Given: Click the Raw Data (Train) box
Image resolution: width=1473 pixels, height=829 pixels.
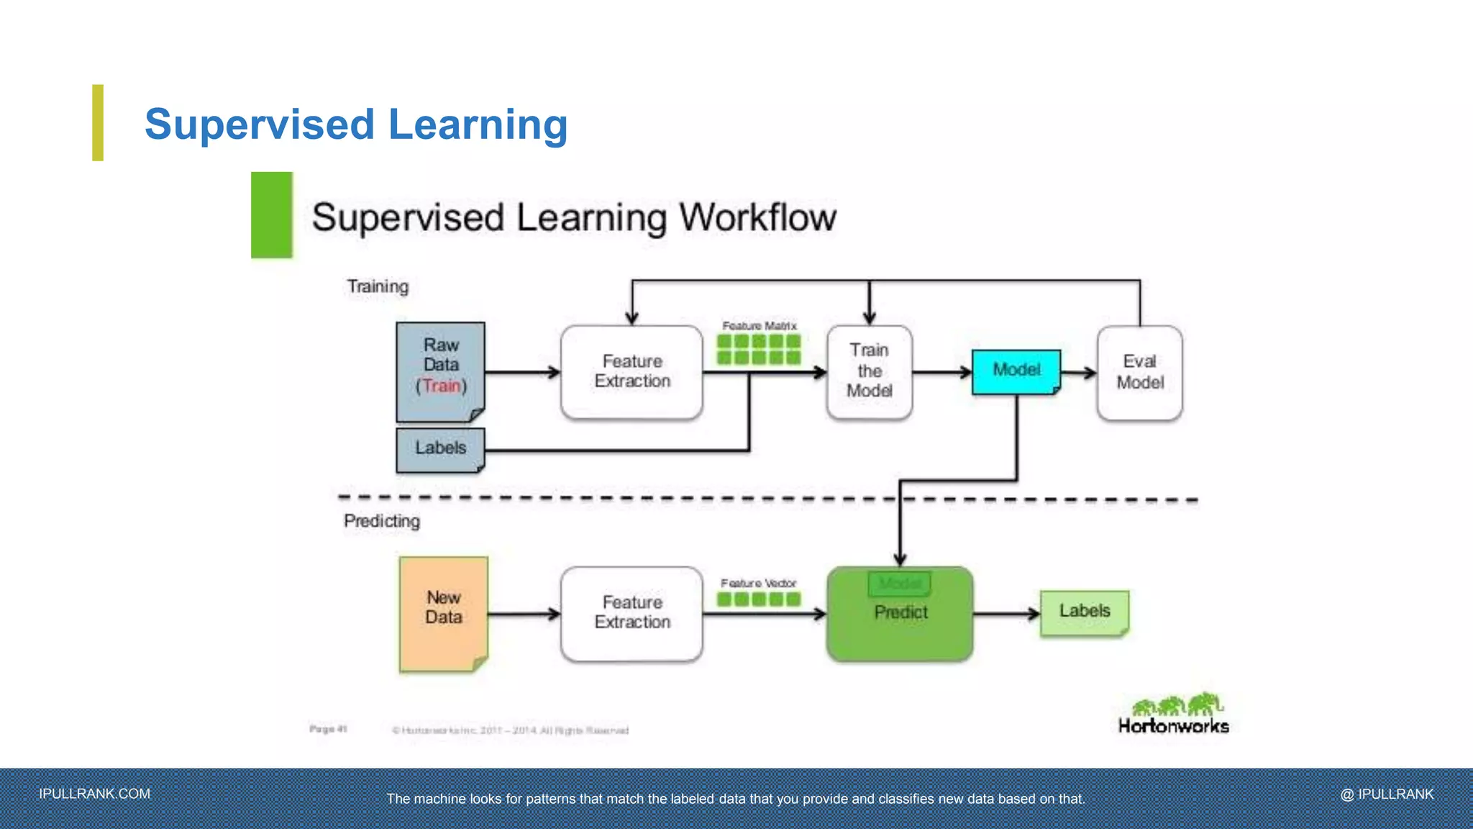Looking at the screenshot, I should (x=440, y=371).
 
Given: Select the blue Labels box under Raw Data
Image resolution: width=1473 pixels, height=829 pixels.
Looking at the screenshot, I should (x=440, y=449).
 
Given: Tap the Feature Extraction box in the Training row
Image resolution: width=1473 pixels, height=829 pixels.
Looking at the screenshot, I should (x=631, y=371).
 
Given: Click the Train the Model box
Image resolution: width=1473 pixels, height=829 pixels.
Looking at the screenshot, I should (x=869, y=371).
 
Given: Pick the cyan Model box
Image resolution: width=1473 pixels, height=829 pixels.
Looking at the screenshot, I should (x=1016, y=371).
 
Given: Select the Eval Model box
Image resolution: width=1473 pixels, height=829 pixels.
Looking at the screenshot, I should (x=1139, y=372).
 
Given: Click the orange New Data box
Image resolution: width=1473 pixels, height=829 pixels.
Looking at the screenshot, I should (x=443, y=613).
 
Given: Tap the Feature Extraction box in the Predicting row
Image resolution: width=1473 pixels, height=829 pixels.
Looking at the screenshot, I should (x=631, y=613).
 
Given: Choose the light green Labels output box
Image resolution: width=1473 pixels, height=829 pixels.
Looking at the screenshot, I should (x=1084, y=612).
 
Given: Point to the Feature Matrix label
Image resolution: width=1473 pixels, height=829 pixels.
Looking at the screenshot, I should (x=760, y=326).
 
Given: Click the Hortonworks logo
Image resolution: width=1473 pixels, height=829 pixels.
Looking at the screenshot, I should (x=1173, y=714).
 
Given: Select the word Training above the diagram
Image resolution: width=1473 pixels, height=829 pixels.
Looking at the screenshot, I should (x=378, y=286).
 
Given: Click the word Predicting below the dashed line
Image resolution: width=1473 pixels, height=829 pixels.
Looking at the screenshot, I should (x=381, y=521).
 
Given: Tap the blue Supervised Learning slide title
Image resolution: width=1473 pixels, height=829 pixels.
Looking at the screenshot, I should (x=356, y=124).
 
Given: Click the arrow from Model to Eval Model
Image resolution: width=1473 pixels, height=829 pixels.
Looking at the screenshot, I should (x=1078, y=372).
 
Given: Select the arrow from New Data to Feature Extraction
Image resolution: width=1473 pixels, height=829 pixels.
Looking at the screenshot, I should (x=524, y=614).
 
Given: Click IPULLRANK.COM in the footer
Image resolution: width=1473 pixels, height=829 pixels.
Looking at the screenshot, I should (x=95, y=794).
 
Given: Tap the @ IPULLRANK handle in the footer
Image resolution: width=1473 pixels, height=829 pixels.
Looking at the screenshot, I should (x=1387, y=794).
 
